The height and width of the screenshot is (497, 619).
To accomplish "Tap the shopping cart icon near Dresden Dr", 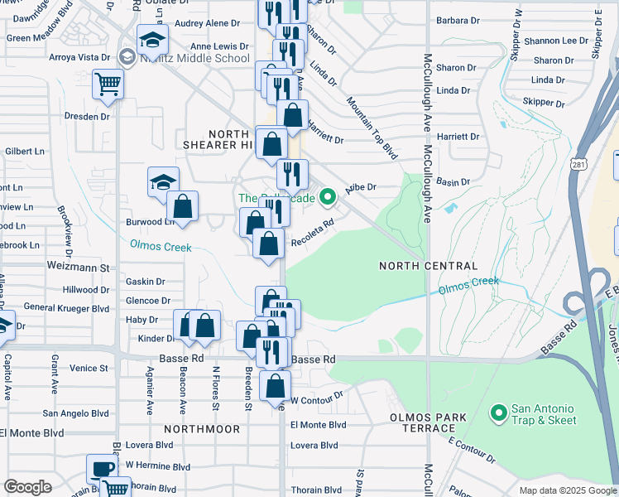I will [x=108, y=84].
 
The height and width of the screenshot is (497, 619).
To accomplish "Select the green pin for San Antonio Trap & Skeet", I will [x=498, y=412].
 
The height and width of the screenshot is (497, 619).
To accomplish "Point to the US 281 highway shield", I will [x=577, y=166].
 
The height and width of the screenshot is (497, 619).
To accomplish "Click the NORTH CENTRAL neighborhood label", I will [x=428, y=266].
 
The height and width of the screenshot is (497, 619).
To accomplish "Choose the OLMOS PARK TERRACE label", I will [x=423, y=422].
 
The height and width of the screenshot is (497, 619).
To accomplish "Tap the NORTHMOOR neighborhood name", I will [x=201, y=429].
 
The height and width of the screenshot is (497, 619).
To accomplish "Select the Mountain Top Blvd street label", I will [x=372, y=128].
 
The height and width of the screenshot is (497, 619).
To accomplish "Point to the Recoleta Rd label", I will [x=314, y=232].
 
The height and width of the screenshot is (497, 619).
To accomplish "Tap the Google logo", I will [x=27, y=487].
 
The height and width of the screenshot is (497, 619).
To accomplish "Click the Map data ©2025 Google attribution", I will [x=569, y=490].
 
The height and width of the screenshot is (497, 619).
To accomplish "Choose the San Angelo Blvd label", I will [x=75, y=413].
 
